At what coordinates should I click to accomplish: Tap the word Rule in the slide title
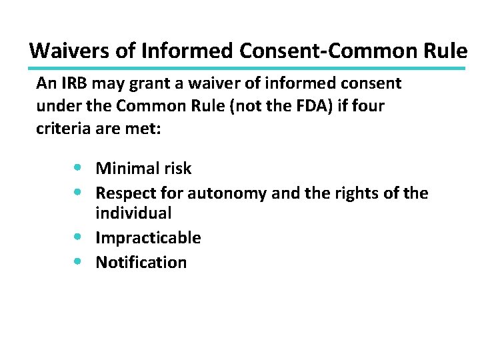[446, 51]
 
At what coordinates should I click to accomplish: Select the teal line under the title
[247, 68]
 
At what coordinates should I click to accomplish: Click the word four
[367, 106]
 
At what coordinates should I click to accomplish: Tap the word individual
[133, 213]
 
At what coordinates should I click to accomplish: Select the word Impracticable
[148, 238]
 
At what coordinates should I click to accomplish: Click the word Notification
[141, 262]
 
